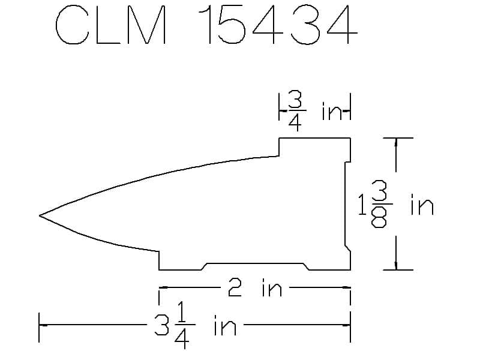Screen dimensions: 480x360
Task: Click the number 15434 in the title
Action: [x=278, y=25]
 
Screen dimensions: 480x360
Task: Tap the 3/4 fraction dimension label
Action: [x=295, y=111]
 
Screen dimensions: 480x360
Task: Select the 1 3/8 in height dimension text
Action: [x=395, y=204]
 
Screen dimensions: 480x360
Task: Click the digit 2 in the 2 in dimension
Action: [x=235, y=288]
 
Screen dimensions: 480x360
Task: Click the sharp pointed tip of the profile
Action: [x=40, y=215]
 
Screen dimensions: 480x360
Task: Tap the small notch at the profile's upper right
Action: [x=348, y=162]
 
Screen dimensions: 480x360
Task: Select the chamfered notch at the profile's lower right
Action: [x=348, y=248]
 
